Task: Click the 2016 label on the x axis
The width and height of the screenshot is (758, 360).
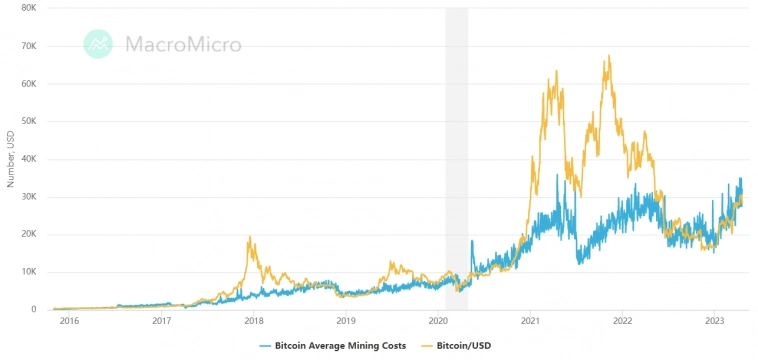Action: coord(69,321)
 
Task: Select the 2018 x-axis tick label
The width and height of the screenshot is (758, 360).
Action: coord(254,321)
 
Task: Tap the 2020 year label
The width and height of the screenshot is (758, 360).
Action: coord(438,321)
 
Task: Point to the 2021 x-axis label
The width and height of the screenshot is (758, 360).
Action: coord(531,321)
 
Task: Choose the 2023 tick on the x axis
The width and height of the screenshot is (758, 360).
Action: coord(715,321)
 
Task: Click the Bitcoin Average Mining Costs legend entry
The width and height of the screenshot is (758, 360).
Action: coord(331,345)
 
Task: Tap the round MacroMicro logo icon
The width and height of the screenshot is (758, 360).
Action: coord(98,43)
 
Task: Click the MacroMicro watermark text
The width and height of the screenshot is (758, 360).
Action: coord(182,44)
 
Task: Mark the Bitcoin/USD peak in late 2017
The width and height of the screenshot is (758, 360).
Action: coord(249,238)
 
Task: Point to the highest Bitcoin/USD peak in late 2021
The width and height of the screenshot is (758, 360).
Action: coord(607,57)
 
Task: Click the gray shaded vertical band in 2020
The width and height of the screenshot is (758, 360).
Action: coord(457,150)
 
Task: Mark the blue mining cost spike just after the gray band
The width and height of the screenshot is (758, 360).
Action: coord(471,241)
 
